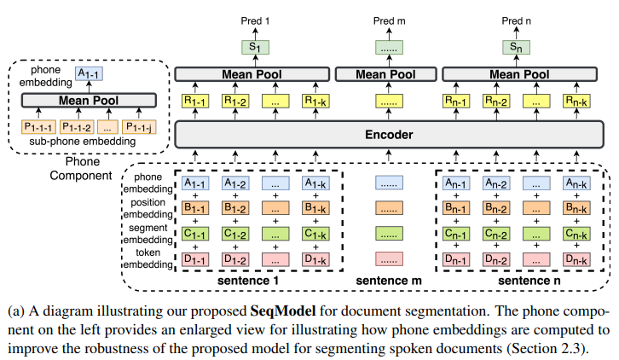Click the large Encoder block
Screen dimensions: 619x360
coord(389,135)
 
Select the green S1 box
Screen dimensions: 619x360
coord(255,48)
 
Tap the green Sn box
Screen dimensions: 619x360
coord(516,48)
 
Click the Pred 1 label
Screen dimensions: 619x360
coord(255,21)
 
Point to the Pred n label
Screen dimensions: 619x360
coord(516,21)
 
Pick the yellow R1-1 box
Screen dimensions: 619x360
coord(195,102)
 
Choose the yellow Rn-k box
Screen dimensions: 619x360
coord(576,102)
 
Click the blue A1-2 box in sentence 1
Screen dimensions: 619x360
coord(235,183)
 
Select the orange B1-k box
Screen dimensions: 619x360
coord(315,208)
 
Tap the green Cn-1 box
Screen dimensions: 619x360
coord(456,234)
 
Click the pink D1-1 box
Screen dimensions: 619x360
coord(195,259)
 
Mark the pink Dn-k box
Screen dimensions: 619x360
coord(576,259)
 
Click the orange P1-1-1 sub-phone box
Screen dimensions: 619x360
coord(38,127)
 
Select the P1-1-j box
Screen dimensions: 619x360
coord(139,127)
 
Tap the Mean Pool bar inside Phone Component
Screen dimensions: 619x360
coord(89,101)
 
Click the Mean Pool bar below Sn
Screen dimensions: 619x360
coord(519,74)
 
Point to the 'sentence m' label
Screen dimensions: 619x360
coord(389,281)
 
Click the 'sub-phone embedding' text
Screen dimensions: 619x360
coord(83,142)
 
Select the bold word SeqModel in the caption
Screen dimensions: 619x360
coord(283,311)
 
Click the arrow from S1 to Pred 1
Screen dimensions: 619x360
coord(255,33)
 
